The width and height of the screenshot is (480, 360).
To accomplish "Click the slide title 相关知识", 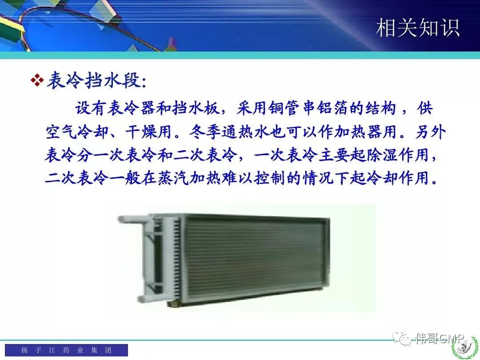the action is coord(417,28).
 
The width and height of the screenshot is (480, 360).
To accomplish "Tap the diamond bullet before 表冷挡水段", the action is coord(37,80).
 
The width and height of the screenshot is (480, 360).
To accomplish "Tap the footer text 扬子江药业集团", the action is coord(66,350).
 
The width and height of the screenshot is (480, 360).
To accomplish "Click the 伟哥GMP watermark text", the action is coord(440,338).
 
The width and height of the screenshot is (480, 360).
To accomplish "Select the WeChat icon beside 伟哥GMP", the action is coord(402,338).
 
